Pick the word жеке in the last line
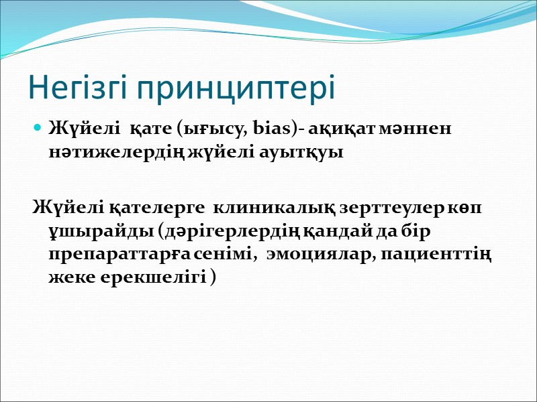pos(68,279)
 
